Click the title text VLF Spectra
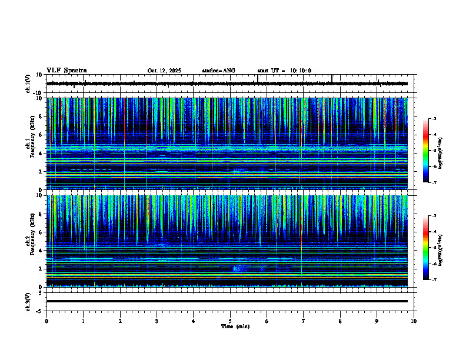(66, 71)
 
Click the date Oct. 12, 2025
(164, 71)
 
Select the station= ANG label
(219, 71)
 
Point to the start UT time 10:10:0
(285, 71)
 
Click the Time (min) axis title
(235, 326)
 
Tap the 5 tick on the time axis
(230, 321)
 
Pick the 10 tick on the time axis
(414, 321)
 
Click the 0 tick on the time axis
(46, 321)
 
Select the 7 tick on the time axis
(304, 321)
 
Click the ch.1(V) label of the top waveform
(28, 84)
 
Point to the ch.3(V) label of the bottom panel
(28, 301)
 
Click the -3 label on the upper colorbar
(434, 119)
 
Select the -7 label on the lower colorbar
(434, 280)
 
